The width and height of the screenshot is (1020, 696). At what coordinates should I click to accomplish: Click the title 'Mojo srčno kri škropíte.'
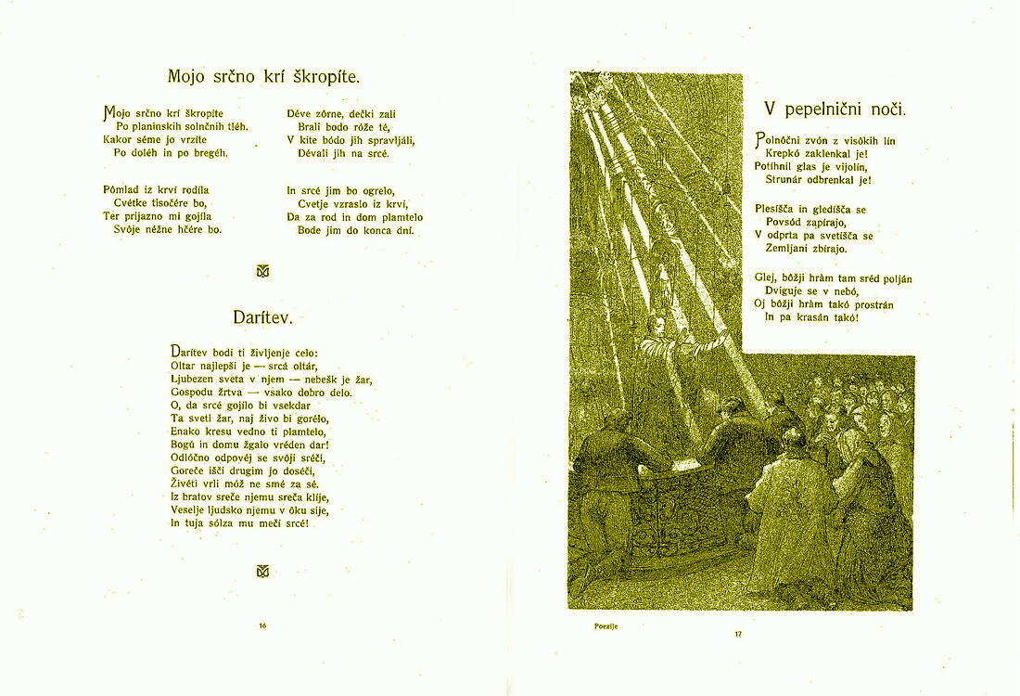[x=263, y=76]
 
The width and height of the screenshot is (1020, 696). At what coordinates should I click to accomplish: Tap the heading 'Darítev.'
[x=262, y=317]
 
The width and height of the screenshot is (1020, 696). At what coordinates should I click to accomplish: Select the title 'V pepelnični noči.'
[x=835, y=109]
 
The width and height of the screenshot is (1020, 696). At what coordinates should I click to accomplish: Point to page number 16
[x=262, y=625]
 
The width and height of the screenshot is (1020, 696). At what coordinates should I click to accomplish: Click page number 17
[x=738, y=634]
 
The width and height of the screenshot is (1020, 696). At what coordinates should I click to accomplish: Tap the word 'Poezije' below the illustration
[x=606, y=626]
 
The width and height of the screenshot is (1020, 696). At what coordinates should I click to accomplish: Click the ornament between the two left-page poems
[x=262, y=271]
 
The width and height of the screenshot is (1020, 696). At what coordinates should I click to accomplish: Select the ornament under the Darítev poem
[x=262, y=571]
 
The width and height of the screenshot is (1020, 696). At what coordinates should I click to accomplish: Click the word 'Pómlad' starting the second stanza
[x=121, y=190]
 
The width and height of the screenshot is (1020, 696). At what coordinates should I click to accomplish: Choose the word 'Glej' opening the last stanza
[x=765, y=278]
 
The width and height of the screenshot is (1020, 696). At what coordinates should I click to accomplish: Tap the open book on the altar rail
[x=687, y=463]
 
